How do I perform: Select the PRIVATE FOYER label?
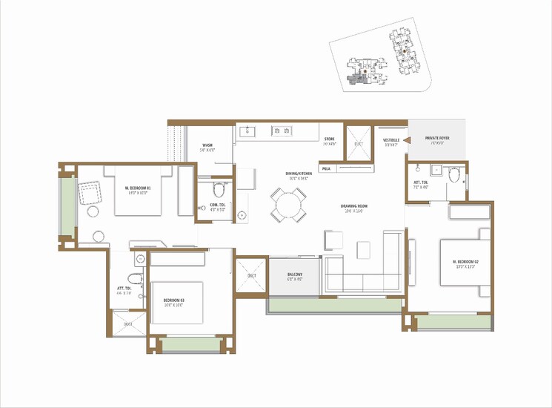[438, 139]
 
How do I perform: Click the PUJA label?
[326, 169]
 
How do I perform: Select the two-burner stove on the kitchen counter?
[282, 131]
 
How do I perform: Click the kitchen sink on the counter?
[247, 132]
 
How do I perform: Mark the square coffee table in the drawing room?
[364, 250]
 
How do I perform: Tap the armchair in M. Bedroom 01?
[90, 194]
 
